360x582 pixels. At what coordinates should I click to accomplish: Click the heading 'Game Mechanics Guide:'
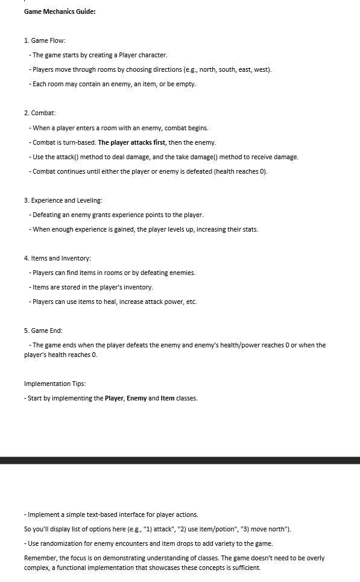[60, 11]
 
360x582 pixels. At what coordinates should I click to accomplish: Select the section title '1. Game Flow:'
[45, 40]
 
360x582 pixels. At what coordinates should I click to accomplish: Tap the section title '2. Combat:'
[40, 113]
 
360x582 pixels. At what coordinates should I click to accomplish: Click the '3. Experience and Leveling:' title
[63, 200]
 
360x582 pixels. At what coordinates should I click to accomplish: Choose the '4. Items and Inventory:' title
[57, 258]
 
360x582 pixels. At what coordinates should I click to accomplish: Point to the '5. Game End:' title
[43, 331]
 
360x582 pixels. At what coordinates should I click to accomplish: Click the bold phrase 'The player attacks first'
[131, 142]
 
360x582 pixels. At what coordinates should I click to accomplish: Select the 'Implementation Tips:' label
[54, 384]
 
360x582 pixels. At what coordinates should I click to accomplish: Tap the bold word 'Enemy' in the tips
[136, 398]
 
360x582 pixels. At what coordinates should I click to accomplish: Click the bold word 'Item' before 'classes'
[168, 398]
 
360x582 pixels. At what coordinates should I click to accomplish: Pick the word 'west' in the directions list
[261, 69]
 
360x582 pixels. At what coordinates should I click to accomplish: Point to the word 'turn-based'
[78, 142]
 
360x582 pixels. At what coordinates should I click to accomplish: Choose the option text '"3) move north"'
[266, 529]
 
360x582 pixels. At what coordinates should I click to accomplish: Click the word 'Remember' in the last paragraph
[39, 558]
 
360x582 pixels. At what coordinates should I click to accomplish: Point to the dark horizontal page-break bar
[180, 460]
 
